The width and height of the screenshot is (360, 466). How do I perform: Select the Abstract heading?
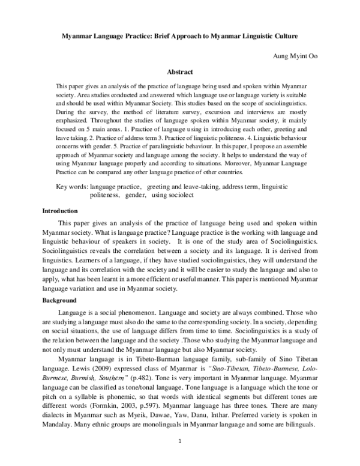click(179, 70)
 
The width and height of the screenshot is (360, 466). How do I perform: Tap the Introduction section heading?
click(59, 211)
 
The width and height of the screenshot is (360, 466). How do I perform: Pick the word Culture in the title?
click(281, 36)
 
